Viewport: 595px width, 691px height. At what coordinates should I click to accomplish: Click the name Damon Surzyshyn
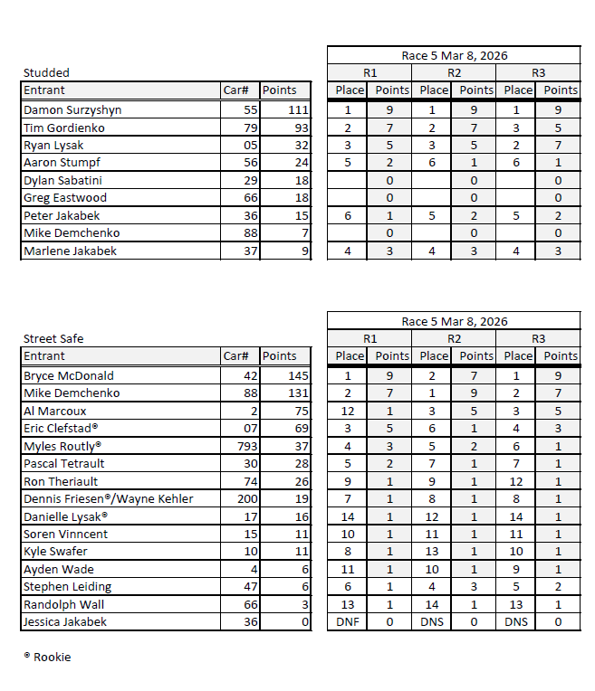72,110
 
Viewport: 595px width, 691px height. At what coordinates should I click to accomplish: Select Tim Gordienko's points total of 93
298,128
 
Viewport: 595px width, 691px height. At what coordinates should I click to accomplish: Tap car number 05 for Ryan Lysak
251,146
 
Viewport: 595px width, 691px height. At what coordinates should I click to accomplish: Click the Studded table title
46,72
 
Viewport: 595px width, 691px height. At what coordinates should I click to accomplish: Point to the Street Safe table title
53,338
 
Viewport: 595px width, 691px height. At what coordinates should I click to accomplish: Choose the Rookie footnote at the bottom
47,657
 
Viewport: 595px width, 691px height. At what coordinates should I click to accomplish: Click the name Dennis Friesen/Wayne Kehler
108,499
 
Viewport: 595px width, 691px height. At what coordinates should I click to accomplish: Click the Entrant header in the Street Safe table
44,356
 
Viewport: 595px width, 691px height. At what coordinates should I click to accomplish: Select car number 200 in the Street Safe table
247,499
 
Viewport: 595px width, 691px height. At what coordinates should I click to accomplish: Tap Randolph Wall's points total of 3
304,605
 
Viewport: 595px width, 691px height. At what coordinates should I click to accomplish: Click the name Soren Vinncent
65,535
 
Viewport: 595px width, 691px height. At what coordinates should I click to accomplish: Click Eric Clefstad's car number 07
251,429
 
